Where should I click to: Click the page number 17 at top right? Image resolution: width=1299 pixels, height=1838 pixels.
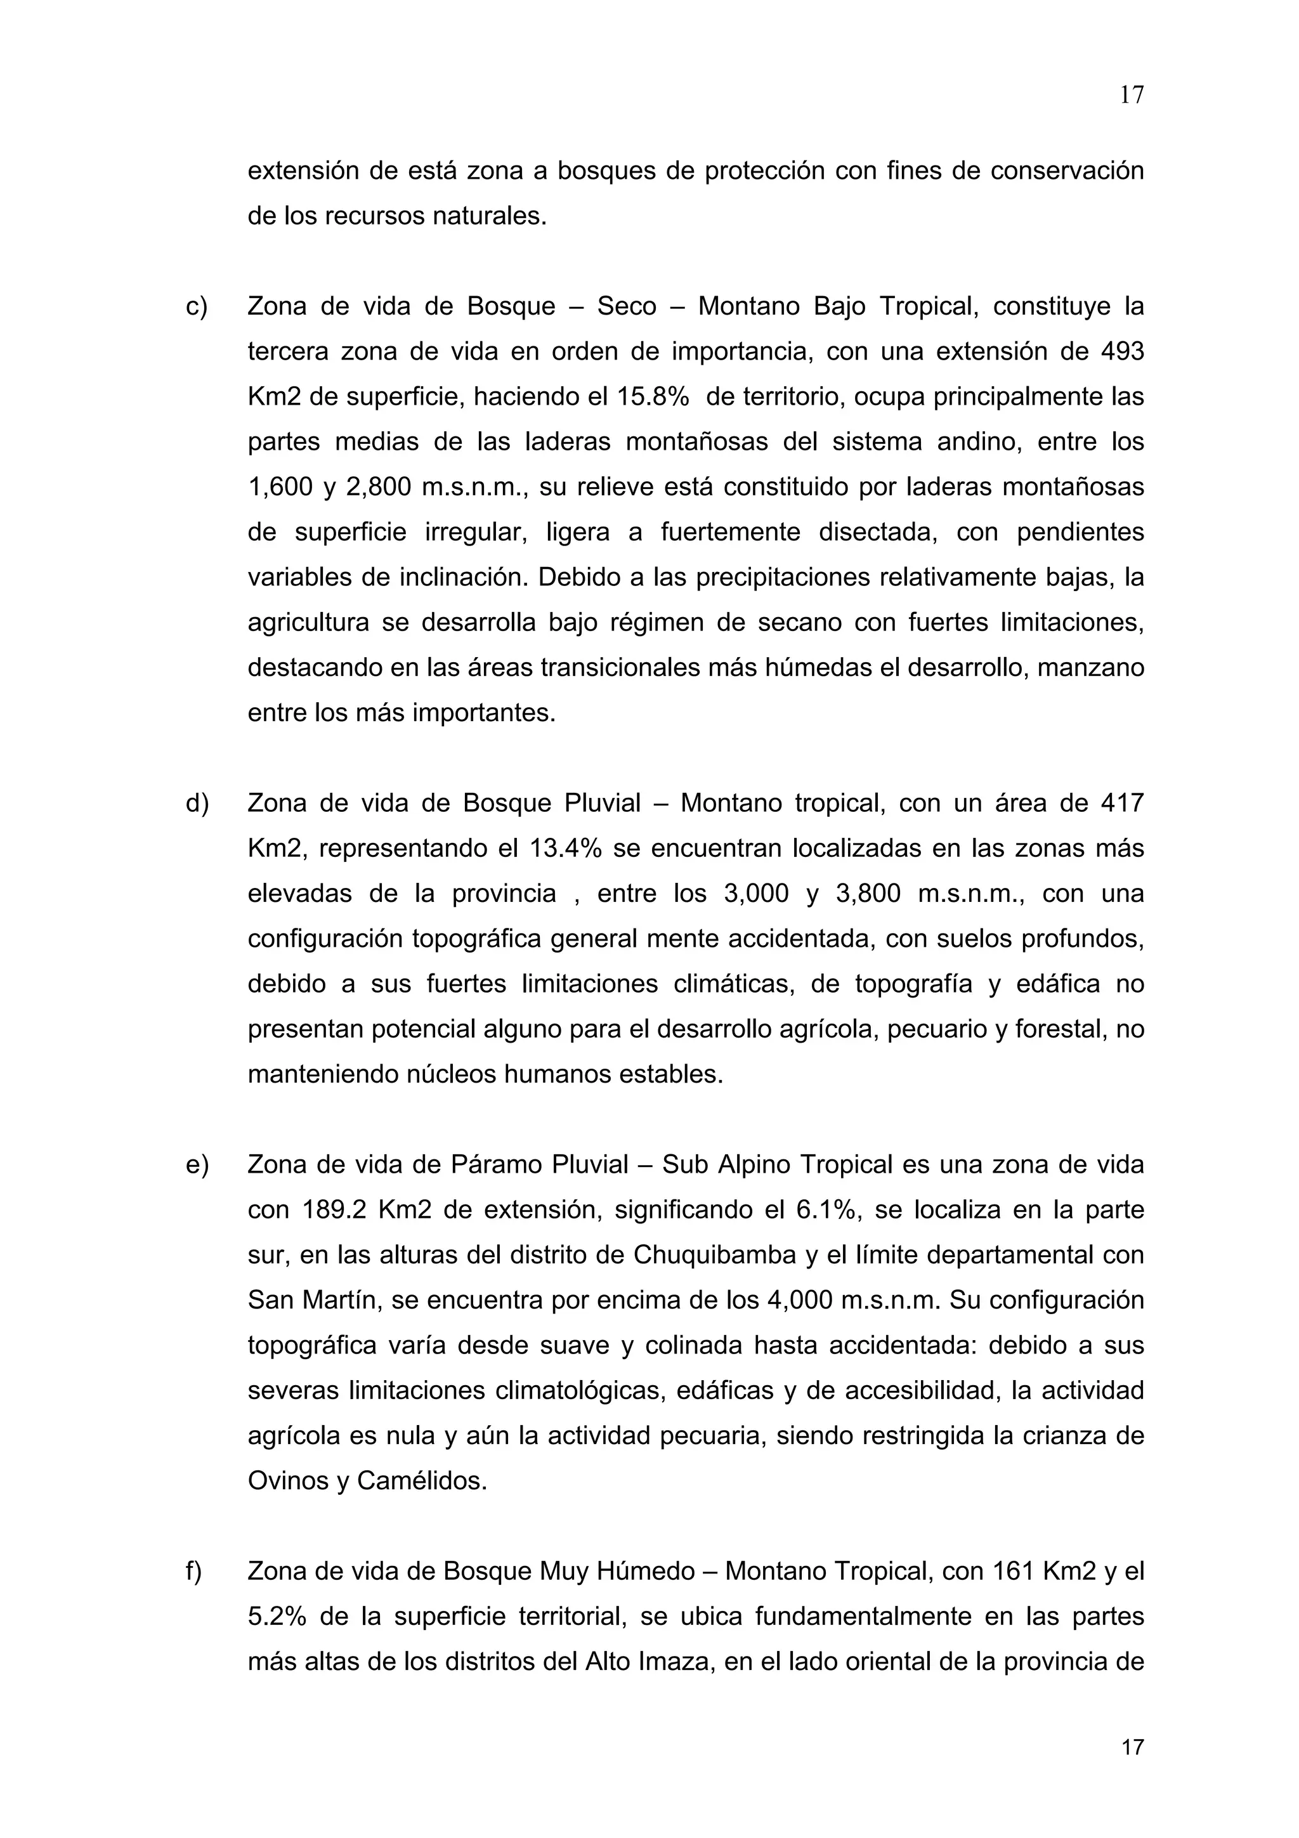click(1131, 95)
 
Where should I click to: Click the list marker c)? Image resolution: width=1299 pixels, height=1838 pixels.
click(196, 306)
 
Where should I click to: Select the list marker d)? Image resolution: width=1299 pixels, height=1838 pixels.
click(197, 804)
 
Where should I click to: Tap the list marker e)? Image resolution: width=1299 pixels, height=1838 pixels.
click(197, 1164)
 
